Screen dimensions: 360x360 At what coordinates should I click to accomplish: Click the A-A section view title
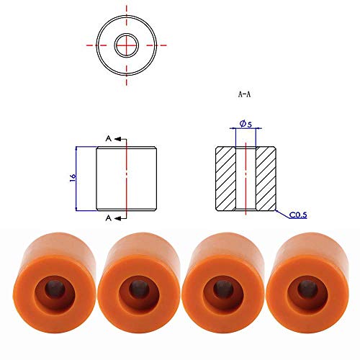coord(244,94)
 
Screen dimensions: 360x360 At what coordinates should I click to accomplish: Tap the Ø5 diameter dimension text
coord(246,124)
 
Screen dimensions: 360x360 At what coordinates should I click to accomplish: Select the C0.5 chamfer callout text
coord(298,215)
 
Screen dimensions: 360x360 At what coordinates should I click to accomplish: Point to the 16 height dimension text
coord(73,178)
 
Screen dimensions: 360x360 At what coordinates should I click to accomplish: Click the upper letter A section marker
coord(109,138)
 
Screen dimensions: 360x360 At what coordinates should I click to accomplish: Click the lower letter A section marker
coord(109,218)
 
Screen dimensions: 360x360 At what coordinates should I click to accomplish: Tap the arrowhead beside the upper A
coord(117,139)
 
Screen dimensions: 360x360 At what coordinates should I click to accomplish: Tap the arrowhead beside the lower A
coord(117,218)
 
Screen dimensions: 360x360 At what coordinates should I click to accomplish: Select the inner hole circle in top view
coord(127,34)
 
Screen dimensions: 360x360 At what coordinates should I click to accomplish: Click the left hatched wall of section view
coord(226,179)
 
